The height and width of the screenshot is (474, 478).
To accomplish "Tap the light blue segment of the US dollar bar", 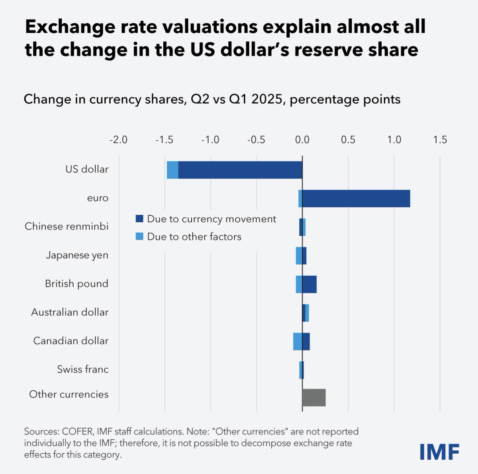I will (x=172, y=170).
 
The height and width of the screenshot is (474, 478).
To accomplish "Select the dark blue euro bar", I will (x=356, y=199).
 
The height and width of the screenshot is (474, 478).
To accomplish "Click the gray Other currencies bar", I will (x=314, y=397).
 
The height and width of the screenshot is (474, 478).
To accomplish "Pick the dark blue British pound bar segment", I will (x=310, y=284).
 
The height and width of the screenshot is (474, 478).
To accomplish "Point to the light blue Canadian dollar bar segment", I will (x=297, y=342).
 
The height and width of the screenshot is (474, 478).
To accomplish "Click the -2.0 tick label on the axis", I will (x=118, y=140).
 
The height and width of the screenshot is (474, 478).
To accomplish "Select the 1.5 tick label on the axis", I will (x=440, y=140).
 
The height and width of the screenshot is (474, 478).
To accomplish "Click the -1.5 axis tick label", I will (x=164, y=140).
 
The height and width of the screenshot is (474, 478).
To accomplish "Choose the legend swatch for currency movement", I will (x=139, y=219).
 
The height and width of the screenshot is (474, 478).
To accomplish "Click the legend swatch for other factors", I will (x=139, y=237).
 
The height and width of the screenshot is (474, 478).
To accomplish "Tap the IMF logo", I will (x=439, y=451).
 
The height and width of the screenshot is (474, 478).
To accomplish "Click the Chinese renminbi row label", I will (x=67, y=227).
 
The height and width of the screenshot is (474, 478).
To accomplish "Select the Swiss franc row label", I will (x=82, y=369).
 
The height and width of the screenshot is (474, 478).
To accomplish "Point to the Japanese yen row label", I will (x=77, y=255).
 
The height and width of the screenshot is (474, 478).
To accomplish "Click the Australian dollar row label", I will (x=70, y=312).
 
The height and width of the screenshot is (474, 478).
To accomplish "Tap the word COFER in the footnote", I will (x=76, y=432).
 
